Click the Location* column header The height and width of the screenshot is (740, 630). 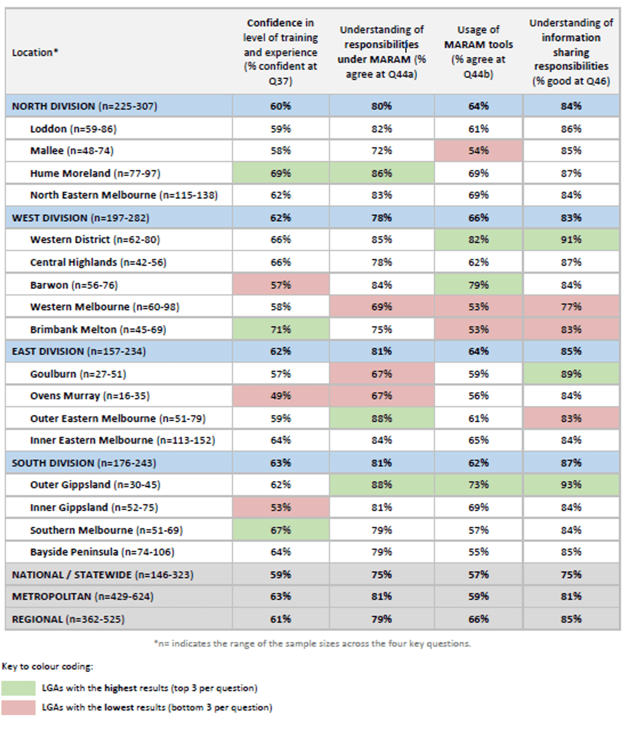(x=35, y=52)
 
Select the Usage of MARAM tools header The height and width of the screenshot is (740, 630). (x=478, y=52)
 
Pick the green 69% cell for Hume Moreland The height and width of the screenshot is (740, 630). (x=281, y=173)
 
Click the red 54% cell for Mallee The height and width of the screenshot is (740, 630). (x=478, y=151)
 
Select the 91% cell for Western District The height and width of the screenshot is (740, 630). (x=571, y=240)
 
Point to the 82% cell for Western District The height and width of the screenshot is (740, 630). (x=478, y=240)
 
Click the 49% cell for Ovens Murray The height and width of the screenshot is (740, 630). (x=281, y=396)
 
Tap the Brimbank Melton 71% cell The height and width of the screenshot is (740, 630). (x=281, y=329)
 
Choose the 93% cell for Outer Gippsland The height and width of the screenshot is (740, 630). (x=571, y=485)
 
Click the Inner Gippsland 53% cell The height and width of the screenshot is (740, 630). (x=281, y=507)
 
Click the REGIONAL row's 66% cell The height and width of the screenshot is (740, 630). (x=478, y=619)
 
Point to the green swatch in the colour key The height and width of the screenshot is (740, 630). (x=18, y=688)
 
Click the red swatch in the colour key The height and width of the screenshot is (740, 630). (x=18, y=708)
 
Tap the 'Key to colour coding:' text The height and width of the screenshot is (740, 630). (x=48, y=667)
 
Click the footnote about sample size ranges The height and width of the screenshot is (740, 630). (x=312, y=644)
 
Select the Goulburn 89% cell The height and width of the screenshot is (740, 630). (x=571, y=374)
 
